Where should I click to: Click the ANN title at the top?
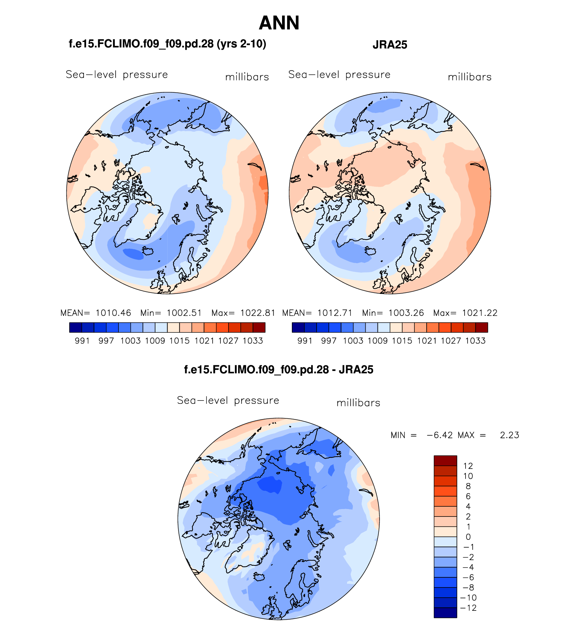point(279,23)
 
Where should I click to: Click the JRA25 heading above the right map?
point(390,45)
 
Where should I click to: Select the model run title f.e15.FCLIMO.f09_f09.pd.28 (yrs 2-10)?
point(167,44)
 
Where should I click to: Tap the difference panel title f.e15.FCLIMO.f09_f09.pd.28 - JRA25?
point(278,369)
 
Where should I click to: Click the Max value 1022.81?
point(258,313)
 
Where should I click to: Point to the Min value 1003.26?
point(406,313)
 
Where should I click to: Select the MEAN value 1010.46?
point(113,313)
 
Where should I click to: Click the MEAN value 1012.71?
point(335,313)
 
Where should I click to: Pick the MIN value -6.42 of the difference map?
point(439,435)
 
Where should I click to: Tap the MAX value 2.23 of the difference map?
point(509,435)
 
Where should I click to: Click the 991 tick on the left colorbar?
point(82,341)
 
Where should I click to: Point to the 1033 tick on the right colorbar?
point(475,341)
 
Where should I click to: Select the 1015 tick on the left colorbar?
point(179,341)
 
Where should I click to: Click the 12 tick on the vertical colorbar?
point(468,466)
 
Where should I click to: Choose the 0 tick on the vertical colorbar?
point(468,537)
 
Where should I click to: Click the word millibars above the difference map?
point(358,403)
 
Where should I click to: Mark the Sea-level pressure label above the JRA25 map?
point(339,75)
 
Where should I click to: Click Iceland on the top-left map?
point(148,251)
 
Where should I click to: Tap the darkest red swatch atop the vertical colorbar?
point(445,461)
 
